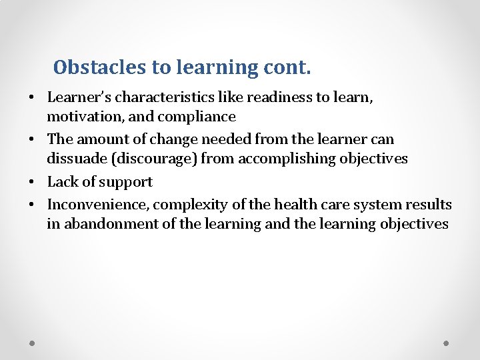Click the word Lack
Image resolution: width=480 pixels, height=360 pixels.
pyautogui.click(x=62, y=182)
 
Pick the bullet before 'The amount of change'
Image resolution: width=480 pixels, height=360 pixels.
pyautogui.click(x=32, y=140)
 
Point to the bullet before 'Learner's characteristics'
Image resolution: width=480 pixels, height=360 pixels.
pyautogui.click(x=32, y=98)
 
